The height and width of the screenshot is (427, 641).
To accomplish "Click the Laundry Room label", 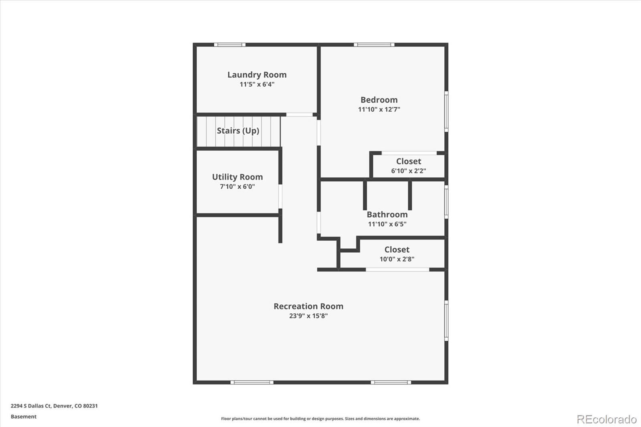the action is [257, 75].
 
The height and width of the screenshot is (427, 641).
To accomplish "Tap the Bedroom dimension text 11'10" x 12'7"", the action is [379, 109].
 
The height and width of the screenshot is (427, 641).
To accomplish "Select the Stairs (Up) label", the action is [238, 131].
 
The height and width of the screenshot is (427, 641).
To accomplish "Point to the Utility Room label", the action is [238, 177].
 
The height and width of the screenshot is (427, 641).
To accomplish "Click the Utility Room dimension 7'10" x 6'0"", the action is [238, 187].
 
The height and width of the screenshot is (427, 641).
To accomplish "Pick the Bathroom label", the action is [387, 214].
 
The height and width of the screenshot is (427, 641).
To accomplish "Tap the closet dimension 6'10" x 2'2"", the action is [409, 171].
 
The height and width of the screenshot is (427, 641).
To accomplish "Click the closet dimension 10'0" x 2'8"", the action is [397, 259].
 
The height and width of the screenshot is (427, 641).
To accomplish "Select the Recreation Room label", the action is [308, 306].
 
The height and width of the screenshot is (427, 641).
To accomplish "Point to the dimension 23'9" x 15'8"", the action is [308, 316].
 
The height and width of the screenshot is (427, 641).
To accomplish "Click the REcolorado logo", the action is [607, 419].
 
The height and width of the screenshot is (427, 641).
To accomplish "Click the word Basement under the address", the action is [24, 417].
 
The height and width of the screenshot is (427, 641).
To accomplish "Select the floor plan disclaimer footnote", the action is [320, 419].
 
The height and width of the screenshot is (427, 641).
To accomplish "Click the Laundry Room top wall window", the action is [230, 44].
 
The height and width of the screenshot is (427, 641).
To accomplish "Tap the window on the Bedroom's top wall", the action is [374, 44].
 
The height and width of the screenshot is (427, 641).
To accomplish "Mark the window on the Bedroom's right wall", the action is [446, 112].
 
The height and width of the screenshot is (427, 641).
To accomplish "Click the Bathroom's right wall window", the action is [446, 202].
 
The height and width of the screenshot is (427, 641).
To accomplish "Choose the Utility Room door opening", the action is [280, 197].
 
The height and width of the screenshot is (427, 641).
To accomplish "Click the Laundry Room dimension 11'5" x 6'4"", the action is [257, 85].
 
